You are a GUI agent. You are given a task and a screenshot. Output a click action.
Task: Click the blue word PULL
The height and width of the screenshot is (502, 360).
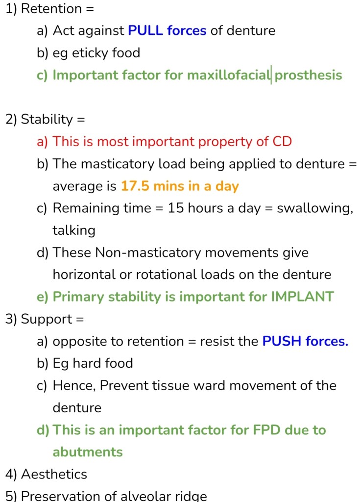145,31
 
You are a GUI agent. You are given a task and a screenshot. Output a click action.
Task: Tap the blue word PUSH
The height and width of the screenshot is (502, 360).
282,341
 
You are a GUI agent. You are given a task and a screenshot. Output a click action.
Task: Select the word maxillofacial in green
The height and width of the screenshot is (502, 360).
228,75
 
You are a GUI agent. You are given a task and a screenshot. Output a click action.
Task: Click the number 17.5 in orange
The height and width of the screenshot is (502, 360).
135,186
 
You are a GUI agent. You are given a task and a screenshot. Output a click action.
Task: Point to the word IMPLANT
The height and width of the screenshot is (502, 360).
302,297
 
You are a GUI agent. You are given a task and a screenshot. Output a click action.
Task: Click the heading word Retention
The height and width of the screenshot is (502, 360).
51,9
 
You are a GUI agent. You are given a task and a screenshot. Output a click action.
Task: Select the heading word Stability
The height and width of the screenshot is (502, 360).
47,120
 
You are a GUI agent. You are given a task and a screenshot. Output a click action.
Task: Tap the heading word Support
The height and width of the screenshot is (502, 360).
47,320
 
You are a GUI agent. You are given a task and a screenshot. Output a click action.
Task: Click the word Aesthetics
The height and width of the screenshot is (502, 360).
54,474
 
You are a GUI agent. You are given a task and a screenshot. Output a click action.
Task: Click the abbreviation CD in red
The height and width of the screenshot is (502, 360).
282,142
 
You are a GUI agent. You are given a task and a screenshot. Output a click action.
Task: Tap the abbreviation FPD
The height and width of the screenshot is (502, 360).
266,429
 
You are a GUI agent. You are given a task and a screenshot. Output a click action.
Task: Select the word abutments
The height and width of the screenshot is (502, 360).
88,452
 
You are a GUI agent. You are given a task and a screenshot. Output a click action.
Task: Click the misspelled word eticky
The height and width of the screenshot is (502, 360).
85,53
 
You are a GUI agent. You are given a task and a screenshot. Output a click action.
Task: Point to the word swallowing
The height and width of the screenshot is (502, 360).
315,208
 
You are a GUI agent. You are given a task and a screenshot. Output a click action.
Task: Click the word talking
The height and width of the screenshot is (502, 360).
74,230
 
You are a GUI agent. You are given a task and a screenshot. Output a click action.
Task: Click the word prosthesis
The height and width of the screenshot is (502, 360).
309,75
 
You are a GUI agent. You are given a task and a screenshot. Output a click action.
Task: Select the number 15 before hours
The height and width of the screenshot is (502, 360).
176,208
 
